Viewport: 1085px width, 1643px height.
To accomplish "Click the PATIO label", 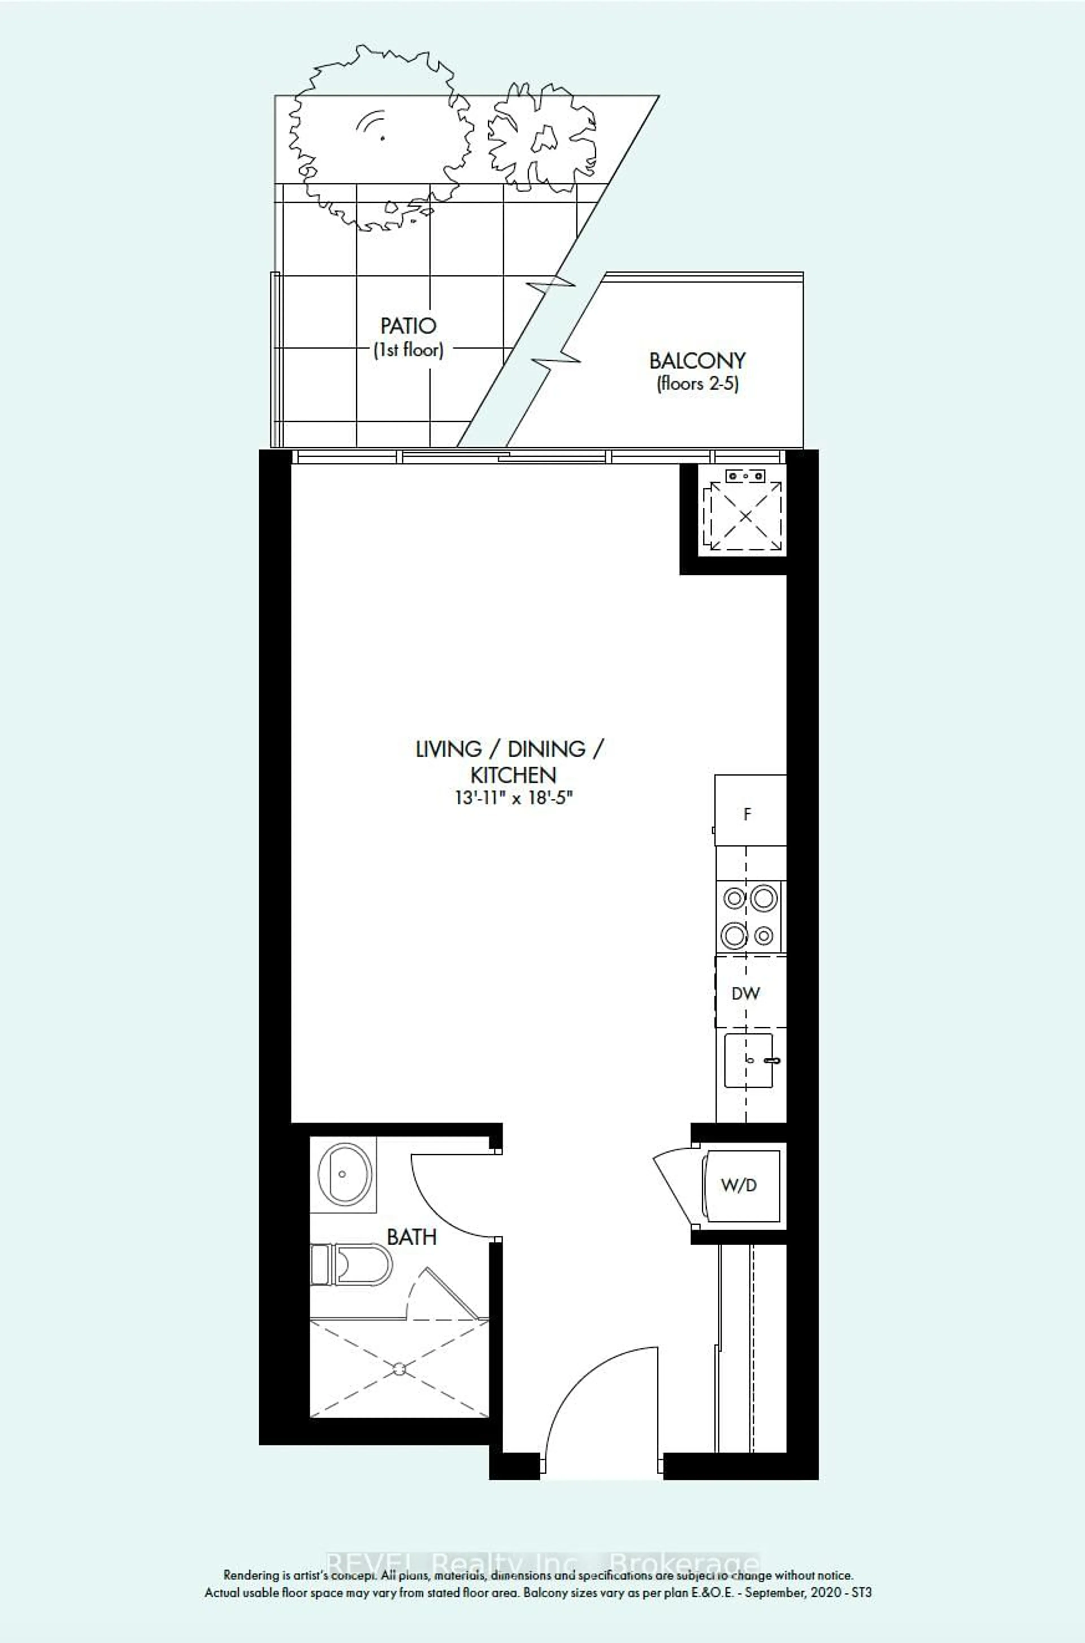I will tap(408, 325).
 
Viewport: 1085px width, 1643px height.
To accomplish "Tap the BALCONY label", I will tap(697, 361).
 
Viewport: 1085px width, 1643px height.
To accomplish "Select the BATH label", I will tap(412, 1237).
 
